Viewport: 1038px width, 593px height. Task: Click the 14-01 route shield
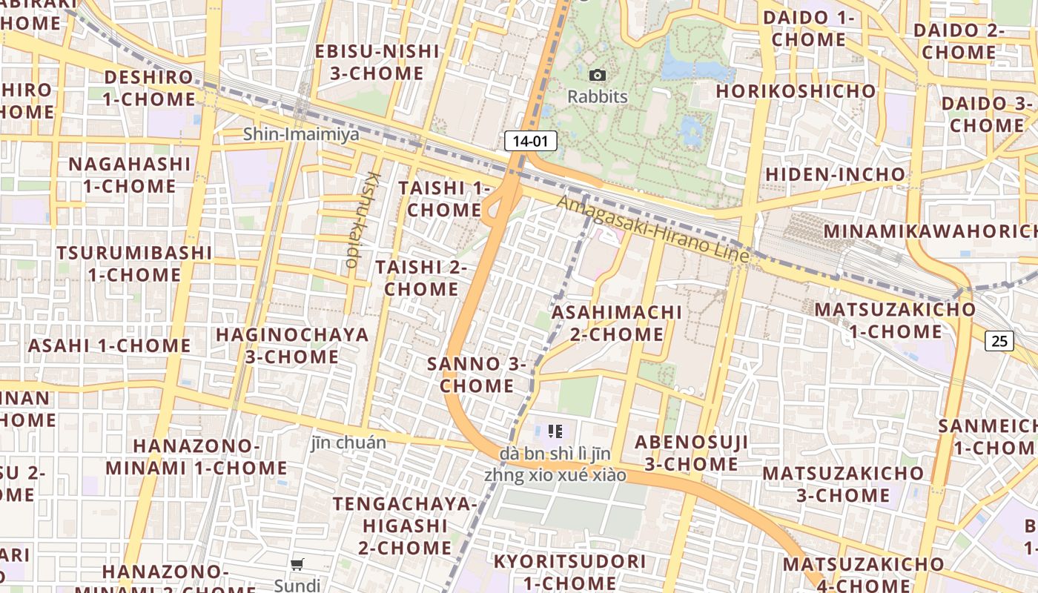click(x=530, y=141)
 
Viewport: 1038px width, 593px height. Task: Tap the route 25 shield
click(x=999, y=341)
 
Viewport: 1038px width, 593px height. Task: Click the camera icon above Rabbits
click(x=597, y=75)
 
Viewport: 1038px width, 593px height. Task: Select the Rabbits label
click(x=598, y=96)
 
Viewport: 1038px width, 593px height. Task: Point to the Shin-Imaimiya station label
click(x=301, y=134)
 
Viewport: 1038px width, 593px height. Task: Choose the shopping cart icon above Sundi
click(x=297, y=565)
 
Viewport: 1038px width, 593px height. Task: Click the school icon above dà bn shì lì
click(x=555, y=431)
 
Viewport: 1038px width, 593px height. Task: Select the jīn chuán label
click(x=348, y=443)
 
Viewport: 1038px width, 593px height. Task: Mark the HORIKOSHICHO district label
click(x=796, y=91)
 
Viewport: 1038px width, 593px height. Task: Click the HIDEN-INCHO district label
click(x=836, y=174)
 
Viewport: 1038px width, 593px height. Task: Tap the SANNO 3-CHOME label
click(x=476, y=374)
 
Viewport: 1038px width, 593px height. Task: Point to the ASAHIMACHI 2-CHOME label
click(x=617, y=322)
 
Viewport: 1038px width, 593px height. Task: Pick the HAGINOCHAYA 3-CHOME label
click(x=292, y=345)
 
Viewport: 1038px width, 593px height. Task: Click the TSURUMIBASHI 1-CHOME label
click(x=134, y=263)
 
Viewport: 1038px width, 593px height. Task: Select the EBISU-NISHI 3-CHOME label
click(x=377, y=62)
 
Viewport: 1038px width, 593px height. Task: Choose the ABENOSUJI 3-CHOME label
click(x=691, y=453)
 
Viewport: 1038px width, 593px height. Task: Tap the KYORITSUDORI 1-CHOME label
click(x=569, y=572)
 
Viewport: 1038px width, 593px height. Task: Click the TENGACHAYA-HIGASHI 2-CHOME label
click(x=405, y=526)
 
